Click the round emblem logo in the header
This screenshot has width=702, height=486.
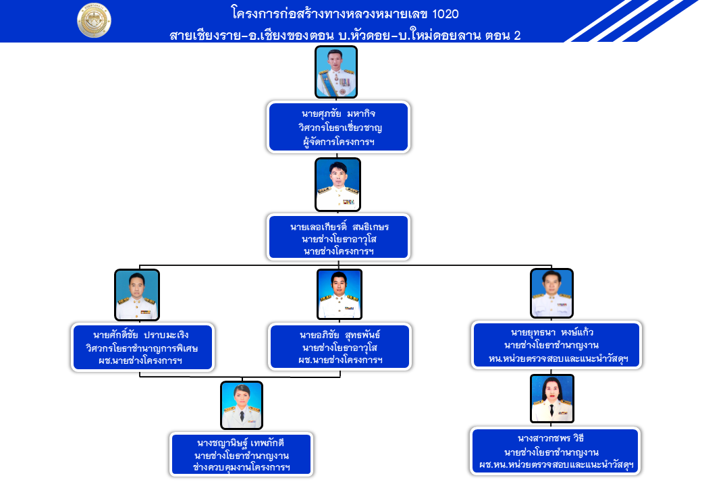point(94,21)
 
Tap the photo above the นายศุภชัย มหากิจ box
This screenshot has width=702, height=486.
point(336,72)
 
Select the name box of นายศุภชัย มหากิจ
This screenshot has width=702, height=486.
point(339,127)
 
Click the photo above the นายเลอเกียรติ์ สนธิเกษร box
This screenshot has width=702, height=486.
point(337,184)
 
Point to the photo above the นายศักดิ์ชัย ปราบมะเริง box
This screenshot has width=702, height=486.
point(137,295)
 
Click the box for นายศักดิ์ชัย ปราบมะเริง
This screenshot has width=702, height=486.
point(143,347)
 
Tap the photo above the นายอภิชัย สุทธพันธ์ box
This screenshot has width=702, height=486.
point(340,294)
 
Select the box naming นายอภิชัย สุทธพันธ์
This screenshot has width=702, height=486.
point(340,347)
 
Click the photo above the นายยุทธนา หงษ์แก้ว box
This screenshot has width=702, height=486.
point(551,293)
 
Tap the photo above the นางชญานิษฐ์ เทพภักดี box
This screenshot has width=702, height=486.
point(242,405)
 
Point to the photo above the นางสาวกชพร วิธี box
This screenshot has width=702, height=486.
point(552,399)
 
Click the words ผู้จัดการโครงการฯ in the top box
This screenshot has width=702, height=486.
point(340,142)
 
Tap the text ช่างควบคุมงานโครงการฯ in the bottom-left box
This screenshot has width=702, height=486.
point(241,467)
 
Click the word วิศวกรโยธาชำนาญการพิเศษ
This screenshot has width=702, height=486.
point(143,348)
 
